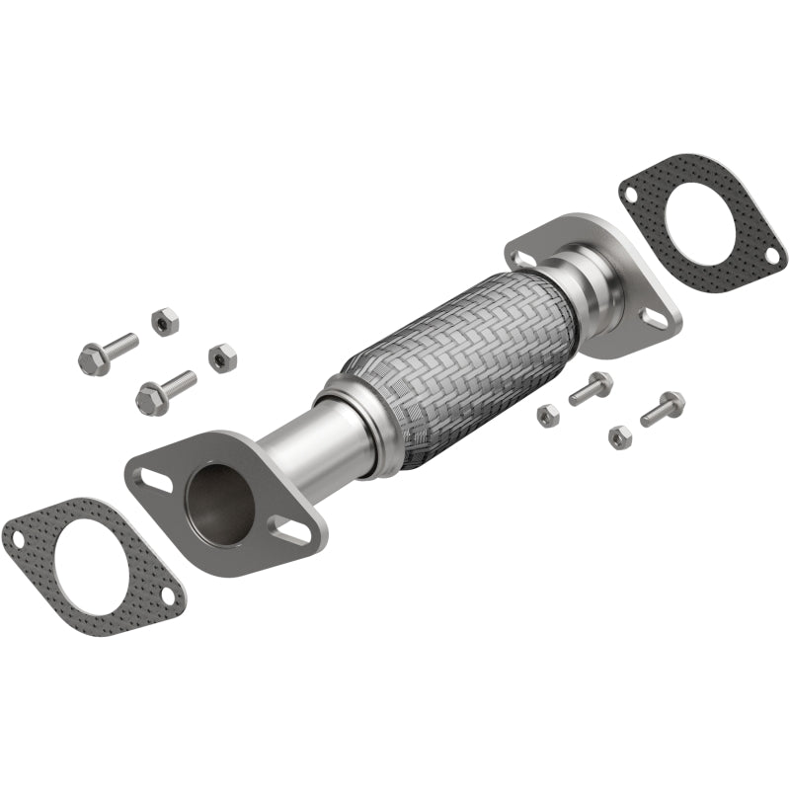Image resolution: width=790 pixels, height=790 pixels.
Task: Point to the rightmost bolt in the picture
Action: point(663,408)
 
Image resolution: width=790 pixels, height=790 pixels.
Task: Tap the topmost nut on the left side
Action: point(165,321)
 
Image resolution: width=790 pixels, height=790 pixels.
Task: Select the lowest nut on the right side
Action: point(619,436)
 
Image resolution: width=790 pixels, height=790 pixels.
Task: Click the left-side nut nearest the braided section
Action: point(222,356)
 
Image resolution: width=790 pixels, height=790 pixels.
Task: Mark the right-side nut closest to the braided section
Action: point(548,415)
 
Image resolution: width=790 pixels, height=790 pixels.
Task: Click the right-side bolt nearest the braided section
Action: point(590,388)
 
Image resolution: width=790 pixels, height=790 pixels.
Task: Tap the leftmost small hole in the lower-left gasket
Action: point(17,537)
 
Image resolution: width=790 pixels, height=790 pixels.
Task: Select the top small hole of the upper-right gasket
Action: point(629,196)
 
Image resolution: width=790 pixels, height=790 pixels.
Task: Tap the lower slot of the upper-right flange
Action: point(652,318)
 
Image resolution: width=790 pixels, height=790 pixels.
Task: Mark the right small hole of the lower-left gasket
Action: point(169,595)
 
